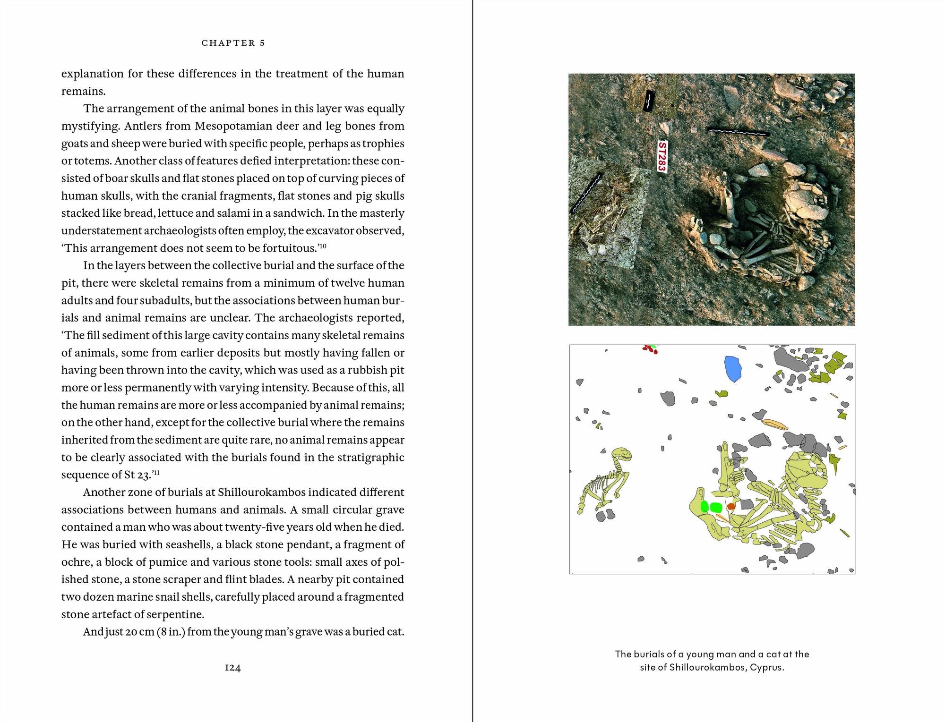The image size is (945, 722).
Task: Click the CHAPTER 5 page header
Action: point(233,43)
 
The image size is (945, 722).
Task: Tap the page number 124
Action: point(232,668)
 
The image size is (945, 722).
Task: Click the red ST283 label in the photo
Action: point(662,156)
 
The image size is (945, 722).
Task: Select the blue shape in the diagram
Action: point(733,368)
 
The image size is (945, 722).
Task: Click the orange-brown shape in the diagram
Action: point(731,506)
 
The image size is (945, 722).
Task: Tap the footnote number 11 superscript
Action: point(156,472)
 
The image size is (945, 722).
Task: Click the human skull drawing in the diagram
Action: point(806,472)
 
